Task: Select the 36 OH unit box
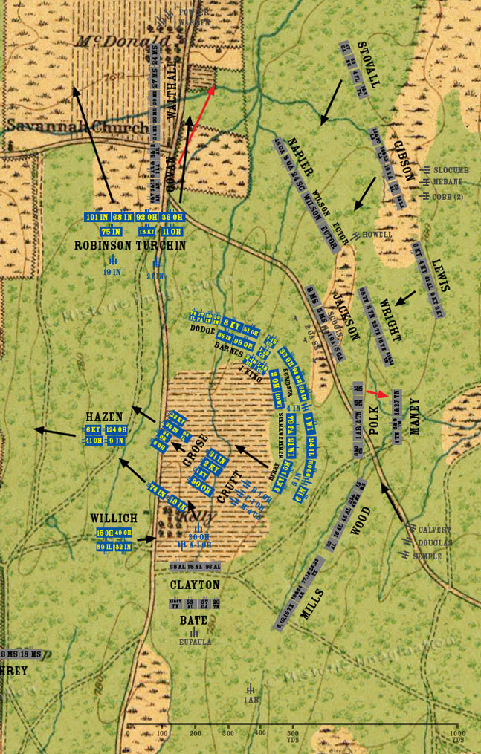172,217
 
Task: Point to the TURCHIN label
160,244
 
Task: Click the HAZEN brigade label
103,417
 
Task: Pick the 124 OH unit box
115,430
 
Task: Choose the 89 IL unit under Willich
104,546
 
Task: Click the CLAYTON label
194,585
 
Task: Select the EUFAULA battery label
196,641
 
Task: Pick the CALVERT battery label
434,530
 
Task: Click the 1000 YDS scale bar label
457,738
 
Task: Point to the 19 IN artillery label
112,272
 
